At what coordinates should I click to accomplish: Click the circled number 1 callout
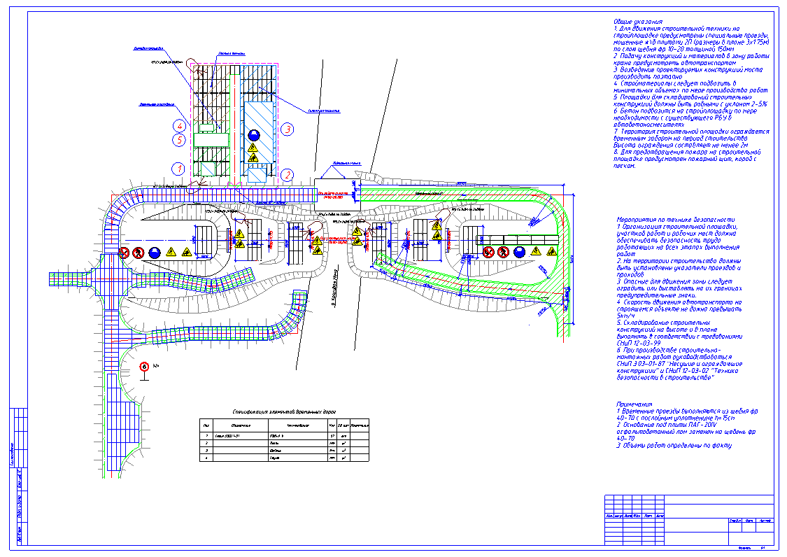pos(180,169)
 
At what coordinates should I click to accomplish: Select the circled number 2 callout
pos(287,174)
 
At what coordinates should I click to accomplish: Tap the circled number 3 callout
pos(287,129)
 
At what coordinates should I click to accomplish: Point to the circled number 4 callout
pos(180,126)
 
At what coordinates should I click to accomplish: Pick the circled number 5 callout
pos(180,140)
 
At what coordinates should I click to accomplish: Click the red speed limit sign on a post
pos(144,366)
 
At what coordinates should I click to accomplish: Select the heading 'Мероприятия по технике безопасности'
pos(676,220)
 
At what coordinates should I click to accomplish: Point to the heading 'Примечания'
pos(634,404)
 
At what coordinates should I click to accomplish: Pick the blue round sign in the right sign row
pos(519,251)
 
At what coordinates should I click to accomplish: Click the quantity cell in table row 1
pos(331,435)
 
